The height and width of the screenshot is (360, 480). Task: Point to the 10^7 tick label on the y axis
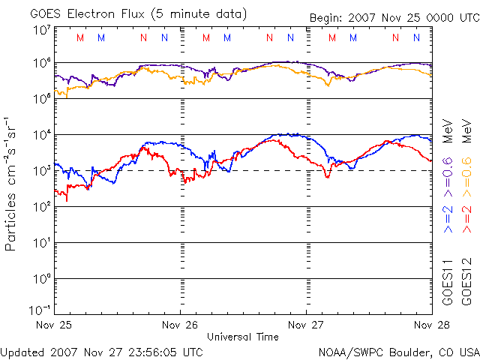tap(41, 29)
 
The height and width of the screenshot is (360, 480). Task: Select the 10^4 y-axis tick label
tap(41, 135)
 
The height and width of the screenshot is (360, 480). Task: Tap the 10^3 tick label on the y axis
tap(41, 171)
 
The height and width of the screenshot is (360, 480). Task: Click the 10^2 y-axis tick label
tap(41, 207)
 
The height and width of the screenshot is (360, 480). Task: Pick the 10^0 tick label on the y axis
tap(41, 279)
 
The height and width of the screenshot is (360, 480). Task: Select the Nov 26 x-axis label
tap(181, 325)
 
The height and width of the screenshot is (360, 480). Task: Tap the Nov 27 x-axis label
tap(307, 325)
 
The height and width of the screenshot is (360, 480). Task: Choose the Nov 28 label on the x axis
tap(431, 325)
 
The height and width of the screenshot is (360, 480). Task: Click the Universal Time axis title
tap(243, 337)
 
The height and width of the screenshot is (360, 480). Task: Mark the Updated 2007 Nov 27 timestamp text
tap(101, 351)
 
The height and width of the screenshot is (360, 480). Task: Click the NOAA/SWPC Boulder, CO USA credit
tap(398, 351)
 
